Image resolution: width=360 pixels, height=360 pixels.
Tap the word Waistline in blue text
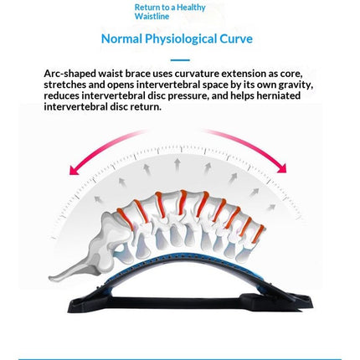[x=152, y=16]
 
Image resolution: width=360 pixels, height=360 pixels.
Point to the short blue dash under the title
[x=180, y=60]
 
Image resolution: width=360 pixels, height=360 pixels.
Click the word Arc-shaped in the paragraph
[x=70, y=74]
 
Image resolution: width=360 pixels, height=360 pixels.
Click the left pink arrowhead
[x=73, y=170]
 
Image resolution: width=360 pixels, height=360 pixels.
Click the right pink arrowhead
[x=282, y=167]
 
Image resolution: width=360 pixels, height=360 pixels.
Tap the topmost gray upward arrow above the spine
[x=177, y=165]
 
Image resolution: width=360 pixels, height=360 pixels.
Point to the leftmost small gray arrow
[x=97, y=199]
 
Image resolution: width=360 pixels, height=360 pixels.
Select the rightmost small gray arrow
[x=270, y=208]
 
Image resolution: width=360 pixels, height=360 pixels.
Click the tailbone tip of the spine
[x=51, y=278]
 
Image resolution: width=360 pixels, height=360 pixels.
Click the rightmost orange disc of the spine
[x=258, y=234]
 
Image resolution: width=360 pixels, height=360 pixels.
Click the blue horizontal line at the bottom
[x=180, y=359]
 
